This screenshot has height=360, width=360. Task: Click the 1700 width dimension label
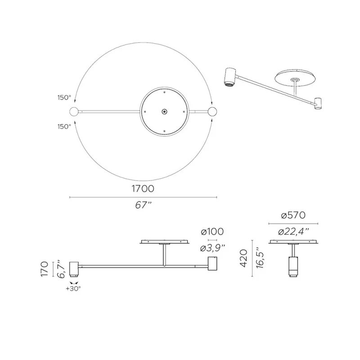point(143,189)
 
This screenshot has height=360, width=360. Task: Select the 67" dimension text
point(143,205)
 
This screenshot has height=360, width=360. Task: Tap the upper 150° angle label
point(64,98)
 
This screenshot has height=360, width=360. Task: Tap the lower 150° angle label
point(64,126)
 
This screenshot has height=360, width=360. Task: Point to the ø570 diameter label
point(293,216)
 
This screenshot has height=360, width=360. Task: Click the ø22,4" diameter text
point(293,232)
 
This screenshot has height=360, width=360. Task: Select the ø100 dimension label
point(212,232)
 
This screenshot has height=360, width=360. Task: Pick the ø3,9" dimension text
point(212,248)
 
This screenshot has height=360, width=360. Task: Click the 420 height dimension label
point(243,258)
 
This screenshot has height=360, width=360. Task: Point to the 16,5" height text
point(260,258)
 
